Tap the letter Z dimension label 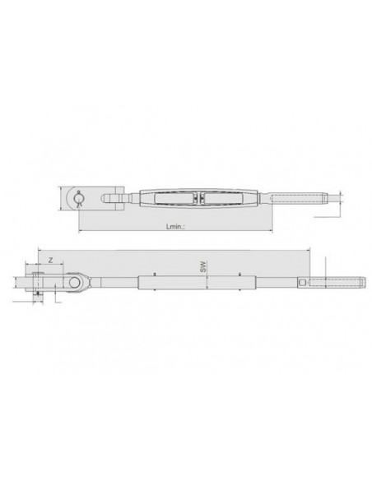coord(50,260)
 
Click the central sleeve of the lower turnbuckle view coord(189,284)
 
